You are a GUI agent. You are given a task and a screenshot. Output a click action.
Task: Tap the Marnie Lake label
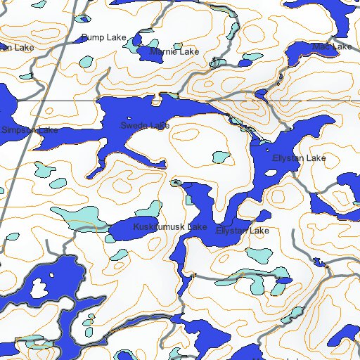point(174,52)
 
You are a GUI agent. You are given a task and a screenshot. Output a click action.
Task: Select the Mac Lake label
point(332,47)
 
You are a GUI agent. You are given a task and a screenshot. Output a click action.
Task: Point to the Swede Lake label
point(144,125)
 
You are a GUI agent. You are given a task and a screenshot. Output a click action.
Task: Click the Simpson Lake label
point(30,130)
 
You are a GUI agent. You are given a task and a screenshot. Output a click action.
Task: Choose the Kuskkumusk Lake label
point(169,227)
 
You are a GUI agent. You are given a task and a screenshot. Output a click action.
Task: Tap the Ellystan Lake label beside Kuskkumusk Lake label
point(243,231)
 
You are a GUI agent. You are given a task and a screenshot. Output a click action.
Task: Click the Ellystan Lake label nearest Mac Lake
point(299,158)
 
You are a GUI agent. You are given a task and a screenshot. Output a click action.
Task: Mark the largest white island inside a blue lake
point(40,288)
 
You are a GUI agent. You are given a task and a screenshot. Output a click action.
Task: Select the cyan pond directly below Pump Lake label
point(85,61)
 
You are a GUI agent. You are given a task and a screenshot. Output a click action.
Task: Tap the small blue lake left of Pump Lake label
point(82,20)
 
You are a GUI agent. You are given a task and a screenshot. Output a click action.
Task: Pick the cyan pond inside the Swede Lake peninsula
point(221,157)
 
